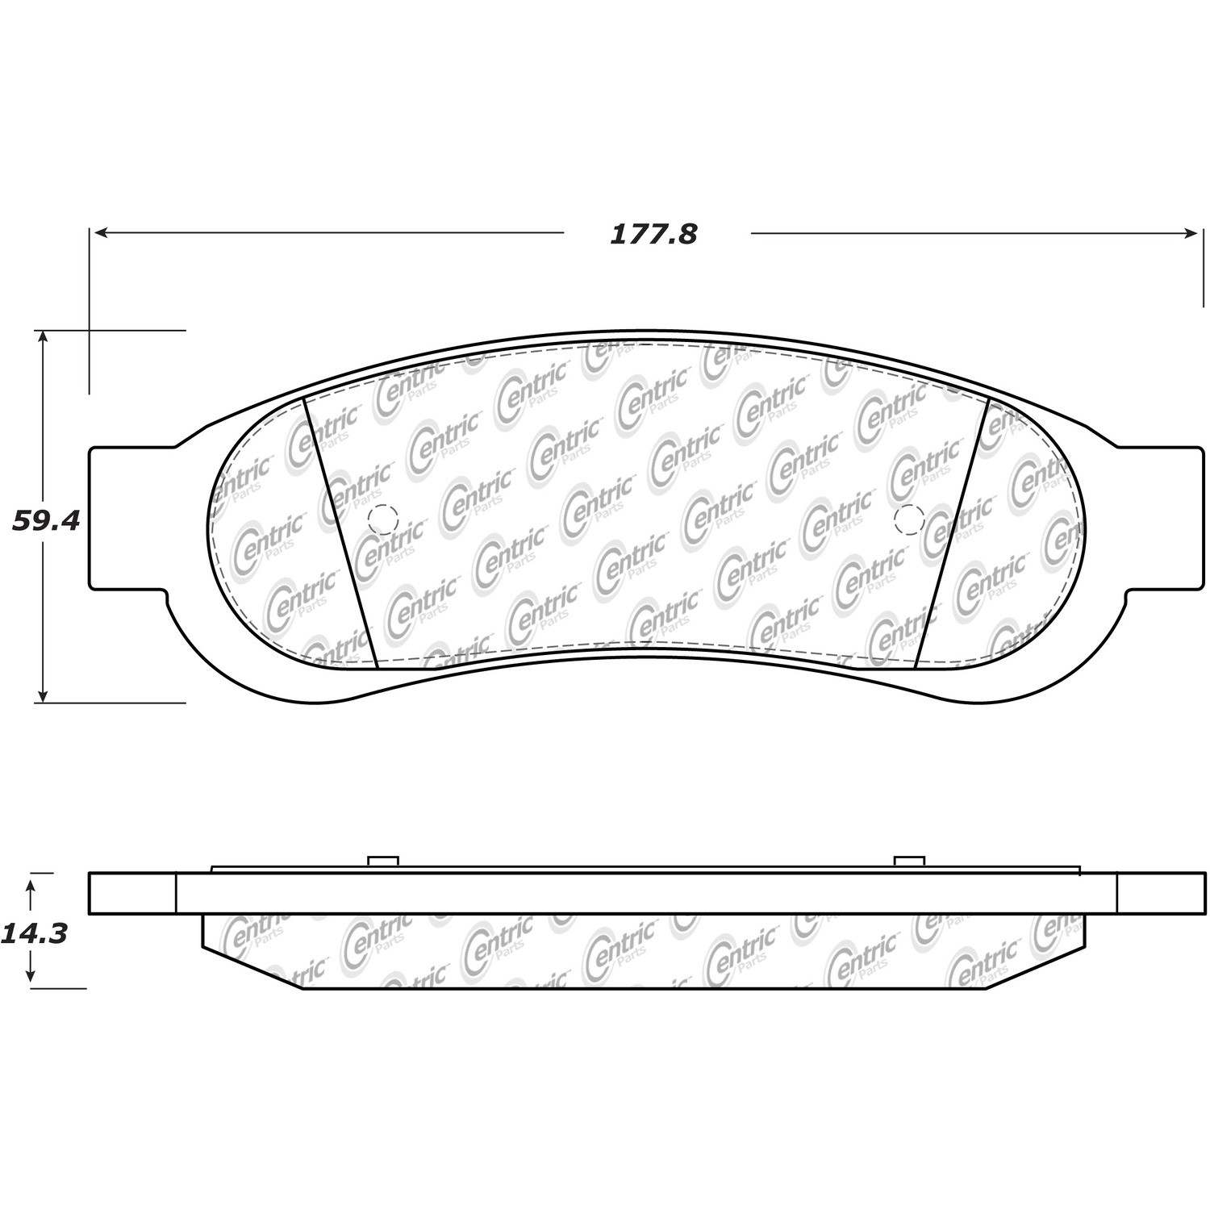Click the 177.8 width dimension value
653,235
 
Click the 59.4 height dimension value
46,521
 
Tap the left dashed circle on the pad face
382,518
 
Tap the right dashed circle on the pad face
909,518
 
